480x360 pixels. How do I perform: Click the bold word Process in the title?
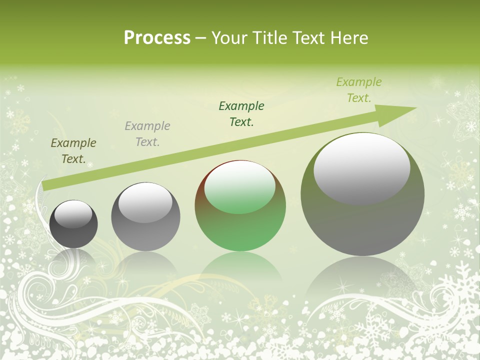click(157, 38)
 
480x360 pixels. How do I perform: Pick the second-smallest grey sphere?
click(145, 217)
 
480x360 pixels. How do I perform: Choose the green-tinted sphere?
click(240, 206)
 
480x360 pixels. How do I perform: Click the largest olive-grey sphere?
click(362, 195)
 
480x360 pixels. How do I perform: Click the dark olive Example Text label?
click(73, 151)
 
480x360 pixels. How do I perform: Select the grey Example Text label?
click(147, 134)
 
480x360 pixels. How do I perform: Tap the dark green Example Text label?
click(241, 113)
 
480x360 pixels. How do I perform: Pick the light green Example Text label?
click(359, 90)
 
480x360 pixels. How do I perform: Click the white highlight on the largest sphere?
click(362, 168)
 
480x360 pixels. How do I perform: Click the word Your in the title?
click(229, 38)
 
